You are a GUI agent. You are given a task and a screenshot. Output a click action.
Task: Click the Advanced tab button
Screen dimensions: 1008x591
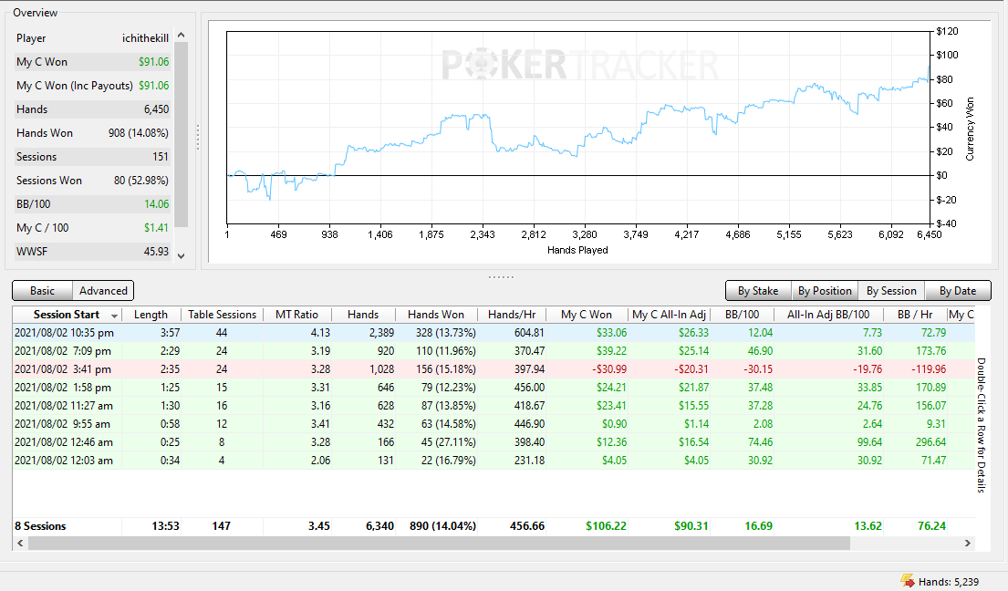coord(103,291)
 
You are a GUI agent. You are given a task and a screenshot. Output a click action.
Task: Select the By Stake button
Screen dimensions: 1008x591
coord(758,291)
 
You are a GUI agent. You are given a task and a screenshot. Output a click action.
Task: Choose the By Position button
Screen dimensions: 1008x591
coord(825,291)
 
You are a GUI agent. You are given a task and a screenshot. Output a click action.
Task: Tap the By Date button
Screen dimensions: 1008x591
coord(958,291)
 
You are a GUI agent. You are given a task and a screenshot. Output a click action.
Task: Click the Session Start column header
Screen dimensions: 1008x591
coord(67,315)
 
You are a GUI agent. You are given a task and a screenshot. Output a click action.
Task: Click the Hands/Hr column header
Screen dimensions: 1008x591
coord(512,315)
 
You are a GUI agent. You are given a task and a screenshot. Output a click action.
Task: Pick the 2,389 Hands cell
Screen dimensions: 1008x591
coord(381,333)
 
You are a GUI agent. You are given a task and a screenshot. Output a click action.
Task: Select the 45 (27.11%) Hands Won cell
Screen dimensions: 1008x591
coord(449,442)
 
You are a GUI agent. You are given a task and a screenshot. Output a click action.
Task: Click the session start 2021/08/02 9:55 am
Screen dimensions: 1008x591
coord(62,424)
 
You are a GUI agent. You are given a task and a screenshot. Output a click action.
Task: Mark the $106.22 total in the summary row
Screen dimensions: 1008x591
coord(606,526)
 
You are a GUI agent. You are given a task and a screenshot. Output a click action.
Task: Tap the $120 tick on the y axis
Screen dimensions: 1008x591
coord(947,32)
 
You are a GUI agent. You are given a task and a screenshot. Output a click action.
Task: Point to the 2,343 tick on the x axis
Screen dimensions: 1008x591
coord(483,234)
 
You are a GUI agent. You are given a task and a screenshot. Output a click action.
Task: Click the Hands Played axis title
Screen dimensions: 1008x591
coord(577,250)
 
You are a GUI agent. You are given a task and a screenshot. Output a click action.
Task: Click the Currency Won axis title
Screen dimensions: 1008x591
coord(970,130)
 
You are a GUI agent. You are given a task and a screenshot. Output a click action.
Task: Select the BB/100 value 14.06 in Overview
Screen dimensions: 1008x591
coord(156,204)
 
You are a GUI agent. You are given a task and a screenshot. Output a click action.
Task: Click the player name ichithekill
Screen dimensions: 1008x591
coord(145,38)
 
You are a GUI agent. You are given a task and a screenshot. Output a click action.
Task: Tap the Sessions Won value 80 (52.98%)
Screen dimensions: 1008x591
coord(141,181)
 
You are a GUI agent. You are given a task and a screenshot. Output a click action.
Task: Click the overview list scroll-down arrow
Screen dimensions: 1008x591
coord(182,255)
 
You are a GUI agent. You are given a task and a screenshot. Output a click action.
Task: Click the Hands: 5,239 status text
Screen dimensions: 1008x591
coord(948,582)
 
